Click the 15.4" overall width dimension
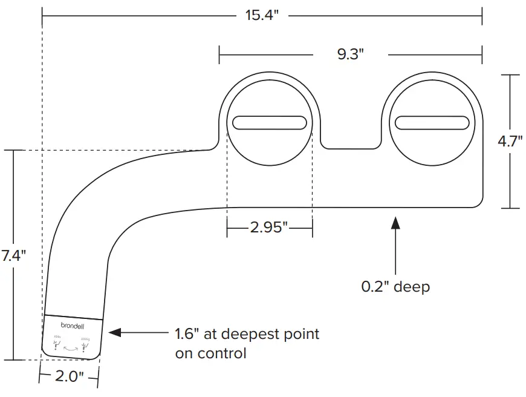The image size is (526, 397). coord(261,15)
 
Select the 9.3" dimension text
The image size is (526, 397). coord(351,54)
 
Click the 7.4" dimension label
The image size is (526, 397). coord(13,255)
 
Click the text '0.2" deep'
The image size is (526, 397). coord(395,286)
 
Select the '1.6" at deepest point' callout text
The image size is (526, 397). coord(247,333)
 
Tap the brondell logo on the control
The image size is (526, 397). coord(73,325)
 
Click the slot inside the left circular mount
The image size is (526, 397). coord(269,123)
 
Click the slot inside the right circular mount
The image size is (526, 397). coord(433,123)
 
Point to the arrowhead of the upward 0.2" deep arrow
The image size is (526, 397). coord(395,222)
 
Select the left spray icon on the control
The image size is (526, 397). coord(56,346)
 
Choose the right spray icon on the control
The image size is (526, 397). coord(85,346)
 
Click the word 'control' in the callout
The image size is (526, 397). coord(224,353)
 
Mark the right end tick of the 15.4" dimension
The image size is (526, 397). coord(481,16)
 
